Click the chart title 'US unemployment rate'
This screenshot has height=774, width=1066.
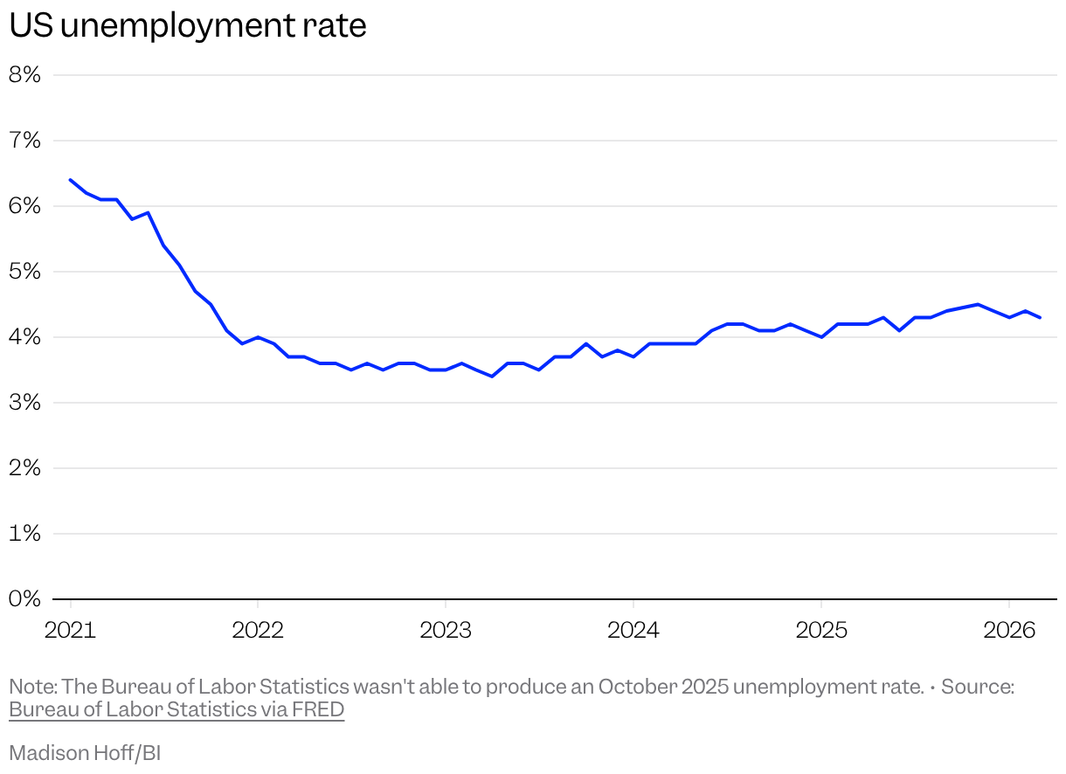pyautogui.click(x=187, y=25)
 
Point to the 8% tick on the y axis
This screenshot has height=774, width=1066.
pyautogui.click(x=25, y=75)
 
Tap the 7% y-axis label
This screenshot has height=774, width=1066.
pyautogui.click(x=25, y=141)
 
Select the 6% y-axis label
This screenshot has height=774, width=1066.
pyautogui.click(x=25, y=206)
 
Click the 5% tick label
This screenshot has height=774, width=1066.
pyautogui.click(x=25, y=272)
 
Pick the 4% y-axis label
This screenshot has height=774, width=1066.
pyautogui.click(x=25, y=337)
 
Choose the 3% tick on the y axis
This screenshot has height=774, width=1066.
pyautogui.click(x=25, y=403)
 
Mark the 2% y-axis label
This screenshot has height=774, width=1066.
pyautogui.click(x=25, y=468)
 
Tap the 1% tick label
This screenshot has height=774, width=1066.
pyautogui.click(x=25, y=534)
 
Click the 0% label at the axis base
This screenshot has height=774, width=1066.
pyautogui.click(x=25, y=599)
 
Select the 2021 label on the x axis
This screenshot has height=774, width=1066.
pyautogui.click(x=70, y=630)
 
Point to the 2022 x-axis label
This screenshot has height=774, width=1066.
pyautogui.click(x=258, y=630)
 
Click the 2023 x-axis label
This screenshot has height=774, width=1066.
pyautogui.click(x=446, y=630)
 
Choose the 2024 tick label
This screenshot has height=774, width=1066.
pyautogui.click(x=633, y=630)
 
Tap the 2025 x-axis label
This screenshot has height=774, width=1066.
pyautogui.click(x=820, y=630)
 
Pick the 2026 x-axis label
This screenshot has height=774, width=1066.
pyautogui.click(x=1008, y=630)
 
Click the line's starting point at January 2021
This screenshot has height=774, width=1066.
pyautogui.click(x=71, y=180)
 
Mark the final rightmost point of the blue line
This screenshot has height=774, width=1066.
pyautogui.click(x=1040, y=317)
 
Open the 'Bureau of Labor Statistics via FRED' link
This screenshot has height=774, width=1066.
pyautogui.click(x=177, y=709)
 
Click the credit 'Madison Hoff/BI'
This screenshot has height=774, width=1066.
pyautogui.click(x=85, y=753)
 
